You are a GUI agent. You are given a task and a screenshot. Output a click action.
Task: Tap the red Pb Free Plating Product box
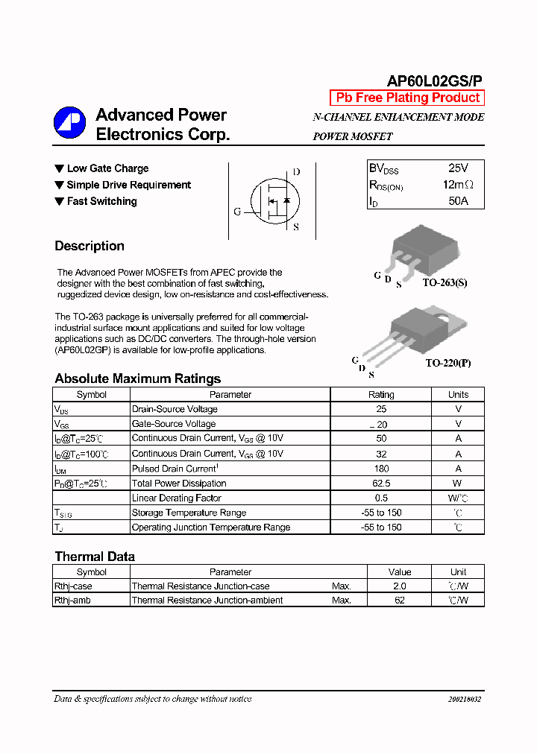tap(407, 98)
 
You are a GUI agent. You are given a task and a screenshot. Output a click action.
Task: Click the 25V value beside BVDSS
tap(459, 168)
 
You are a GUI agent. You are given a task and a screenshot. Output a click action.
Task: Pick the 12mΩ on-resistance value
tap(458, 185)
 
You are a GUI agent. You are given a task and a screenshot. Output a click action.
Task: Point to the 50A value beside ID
tap(459, 201)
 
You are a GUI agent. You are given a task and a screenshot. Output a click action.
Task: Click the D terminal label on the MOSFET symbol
tap(296, 172)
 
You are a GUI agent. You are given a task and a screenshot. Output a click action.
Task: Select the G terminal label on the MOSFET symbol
tap(237, 212)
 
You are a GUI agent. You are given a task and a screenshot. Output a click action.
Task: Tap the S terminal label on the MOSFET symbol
tap(295, 227)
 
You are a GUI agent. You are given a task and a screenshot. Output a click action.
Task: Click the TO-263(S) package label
tap(445, 283)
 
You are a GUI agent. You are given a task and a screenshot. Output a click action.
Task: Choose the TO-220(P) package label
tap(448, 364)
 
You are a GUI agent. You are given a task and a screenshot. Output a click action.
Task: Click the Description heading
tap(89, 246)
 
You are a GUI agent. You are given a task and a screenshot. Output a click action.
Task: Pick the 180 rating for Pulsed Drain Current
tap(381, 469)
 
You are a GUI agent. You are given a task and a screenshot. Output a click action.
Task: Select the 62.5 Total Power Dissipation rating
tap(381, 484)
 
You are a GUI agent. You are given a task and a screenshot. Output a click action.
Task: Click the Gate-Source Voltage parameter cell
tap(174, 424)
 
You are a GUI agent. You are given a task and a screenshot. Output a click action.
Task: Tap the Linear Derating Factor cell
tap(177, 498)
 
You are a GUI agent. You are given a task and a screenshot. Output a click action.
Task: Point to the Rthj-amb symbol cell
tap(72, 601)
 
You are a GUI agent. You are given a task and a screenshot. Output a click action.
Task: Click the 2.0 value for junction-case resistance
tap(400, 586)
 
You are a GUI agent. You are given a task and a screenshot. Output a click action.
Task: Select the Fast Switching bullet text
tap(101, 201)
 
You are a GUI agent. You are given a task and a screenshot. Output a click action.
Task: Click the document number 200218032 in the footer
tap(465, 700)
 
